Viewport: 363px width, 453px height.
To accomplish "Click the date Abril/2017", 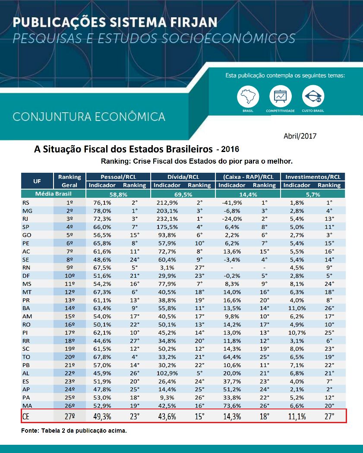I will pyautogui.click(x=300, y=136).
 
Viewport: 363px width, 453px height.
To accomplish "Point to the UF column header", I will pyautogui.click(x=37, y=181).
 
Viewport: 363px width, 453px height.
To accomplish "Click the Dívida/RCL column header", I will pyautogui.click(x=183, y=177).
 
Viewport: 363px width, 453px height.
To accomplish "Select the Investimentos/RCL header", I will pyautogui.click(x=313, y=177).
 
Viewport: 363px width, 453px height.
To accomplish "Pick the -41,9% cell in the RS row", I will pyautogui.click(x=230, y=202).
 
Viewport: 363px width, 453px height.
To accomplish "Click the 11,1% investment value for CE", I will pyautogui.click(x=297, y=416).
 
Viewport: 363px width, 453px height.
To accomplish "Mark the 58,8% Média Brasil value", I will pyautogui.click(x=118, y=194).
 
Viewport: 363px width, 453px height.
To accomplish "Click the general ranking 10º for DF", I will pyautogui.click(x=69, y=276).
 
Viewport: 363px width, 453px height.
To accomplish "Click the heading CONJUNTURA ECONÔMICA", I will pyautogui.click(x=89, y=117).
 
